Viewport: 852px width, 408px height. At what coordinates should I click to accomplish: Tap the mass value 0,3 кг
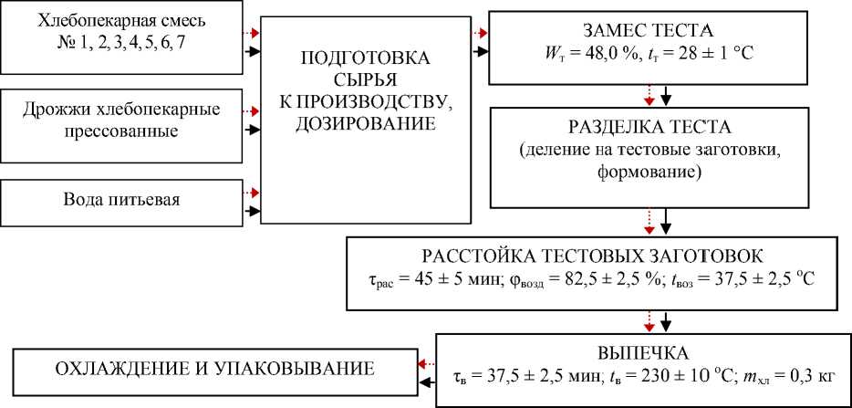coord(816,373)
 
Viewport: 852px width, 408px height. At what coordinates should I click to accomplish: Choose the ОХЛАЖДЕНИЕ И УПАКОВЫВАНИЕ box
coord(208,370)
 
